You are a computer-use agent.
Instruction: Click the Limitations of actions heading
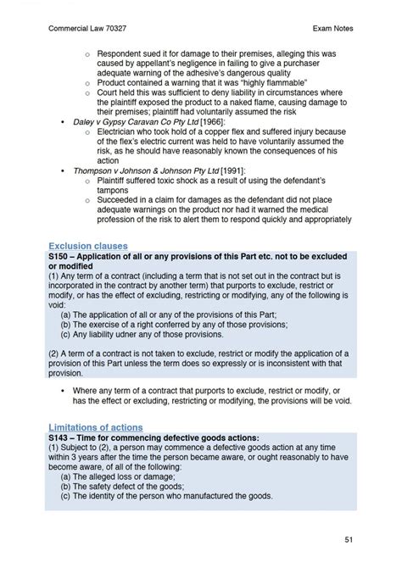click(95, 426)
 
